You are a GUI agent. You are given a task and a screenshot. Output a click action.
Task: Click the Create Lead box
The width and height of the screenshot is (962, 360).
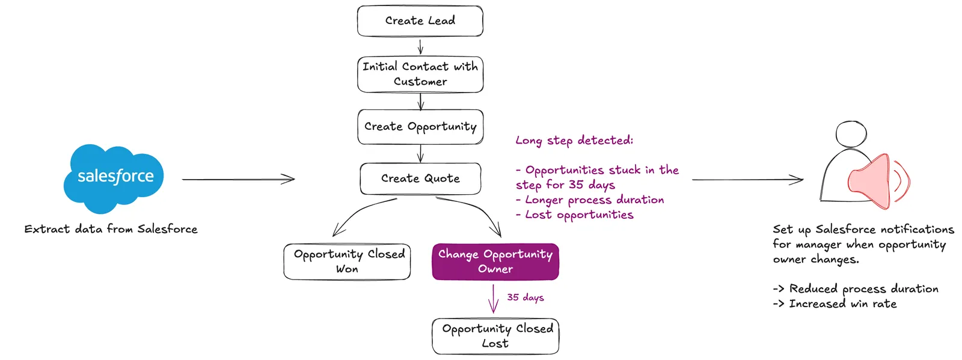420,20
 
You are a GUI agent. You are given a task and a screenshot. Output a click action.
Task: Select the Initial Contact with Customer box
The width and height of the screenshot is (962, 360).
420,75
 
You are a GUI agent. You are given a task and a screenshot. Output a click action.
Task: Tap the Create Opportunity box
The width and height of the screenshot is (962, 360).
420,127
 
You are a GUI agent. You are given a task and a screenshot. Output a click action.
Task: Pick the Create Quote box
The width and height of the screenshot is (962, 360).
420,178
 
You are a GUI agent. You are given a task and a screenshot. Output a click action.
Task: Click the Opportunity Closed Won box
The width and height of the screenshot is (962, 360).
347,262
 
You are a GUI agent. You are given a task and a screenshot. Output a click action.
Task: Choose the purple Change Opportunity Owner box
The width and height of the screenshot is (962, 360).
495,262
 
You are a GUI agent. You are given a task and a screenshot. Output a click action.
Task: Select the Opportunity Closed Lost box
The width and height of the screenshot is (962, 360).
495,336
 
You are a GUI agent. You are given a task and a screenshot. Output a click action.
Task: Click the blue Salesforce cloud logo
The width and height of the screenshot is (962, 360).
114,178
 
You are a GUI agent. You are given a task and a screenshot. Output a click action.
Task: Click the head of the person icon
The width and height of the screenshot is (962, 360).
851,134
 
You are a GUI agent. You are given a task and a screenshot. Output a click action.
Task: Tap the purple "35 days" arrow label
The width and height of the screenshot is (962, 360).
525,297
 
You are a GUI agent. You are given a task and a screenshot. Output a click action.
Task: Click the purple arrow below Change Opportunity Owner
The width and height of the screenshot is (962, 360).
494,299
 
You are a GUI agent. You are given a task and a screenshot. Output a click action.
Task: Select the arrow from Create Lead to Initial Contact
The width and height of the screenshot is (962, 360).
420,47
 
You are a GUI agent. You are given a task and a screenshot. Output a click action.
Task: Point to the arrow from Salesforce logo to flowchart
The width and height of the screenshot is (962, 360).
238,179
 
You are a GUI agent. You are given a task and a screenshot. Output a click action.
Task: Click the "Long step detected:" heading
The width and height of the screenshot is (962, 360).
574,141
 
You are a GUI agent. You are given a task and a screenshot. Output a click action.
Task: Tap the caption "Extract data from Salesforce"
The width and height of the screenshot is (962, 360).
111,229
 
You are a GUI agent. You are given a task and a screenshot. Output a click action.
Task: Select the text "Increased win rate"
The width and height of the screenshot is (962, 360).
842,304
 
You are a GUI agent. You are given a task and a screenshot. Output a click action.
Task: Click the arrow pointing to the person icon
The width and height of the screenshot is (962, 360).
748,180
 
